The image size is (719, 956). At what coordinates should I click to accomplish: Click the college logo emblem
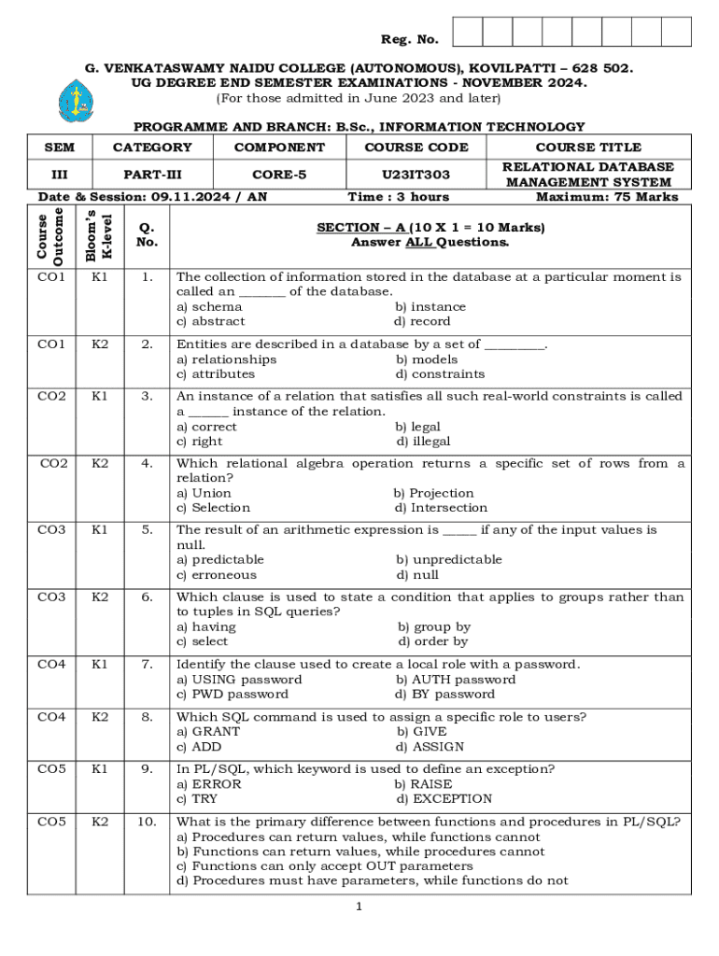70,100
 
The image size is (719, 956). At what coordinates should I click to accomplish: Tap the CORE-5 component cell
279,175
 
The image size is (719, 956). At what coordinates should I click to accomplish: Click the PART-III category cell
151,175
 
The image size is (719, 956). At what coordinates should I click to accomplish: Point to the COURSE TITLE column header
587,148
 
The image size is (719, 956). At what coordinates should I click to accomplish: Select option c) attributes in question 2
216,374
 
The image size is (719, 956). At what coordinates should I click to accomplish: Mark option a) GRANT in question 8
208,732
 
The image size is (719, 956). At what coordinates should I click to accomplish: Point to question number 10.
146,822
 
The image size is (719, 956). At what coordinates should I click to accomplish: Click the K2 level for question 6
100,597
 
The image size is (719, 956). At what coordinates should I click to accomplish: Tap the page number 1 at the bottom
359,907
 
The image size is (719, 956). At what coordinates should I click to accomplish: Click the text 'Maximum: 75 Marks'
607,197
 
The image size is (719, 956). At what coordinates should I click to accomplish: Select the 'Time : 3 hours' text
398,197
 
